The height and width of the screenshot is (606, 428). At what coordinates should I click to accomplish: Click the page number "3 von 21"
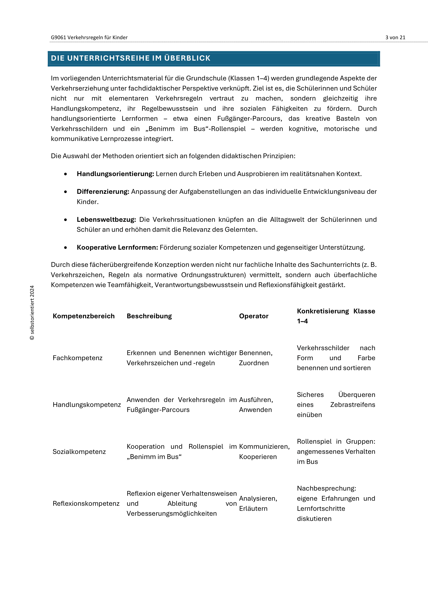(x=395, y=38)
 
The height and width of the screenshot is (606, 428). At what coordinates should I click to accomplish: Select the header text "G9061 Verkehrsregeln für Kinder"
(x=89, y=38)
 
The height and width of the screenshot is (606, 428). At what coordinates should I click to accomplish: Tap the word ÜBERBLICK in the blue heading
(x=187, y=58)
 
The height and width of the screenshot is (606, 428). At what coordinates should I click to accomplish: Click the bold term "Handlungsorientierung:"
(x=115, y=174)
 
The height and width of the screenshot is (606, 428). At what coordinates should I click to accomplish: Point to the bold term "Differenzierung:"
(x=103, y=192)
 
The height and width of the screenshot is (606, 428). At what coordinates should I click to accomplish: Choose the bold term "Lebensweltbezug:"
(x=106, y=220)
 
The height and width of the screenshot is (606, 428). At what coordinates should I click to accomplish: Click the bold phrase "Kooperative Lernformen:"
(x=117, y=248)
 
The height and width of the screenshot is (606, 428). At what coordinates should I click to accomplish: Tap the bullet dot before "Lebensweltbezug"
(x=65, y=220)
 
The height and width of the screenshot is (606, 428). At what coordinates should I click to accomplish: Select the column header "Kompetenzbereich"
(x=84, y=316)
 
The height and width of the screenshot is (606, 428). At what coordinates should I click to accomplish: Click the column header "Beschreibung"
(x=149, y=316)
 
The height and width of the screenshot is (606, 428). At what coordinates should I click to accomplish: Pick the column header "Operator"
(x=254, y=316)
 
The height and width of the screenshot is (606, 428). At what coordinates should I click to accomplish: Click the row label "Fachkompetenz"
(x=77, y=358)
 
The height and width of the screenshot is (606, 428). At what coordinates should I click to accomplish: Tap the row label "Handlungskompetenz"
(x=87, y=405)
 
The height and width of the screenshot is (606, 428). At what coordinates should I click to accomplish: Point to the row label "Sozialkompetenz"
(x=79, y=452)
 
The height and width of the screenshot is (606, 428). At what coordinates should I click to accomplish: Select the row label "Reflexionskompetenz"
(x=86, y=504)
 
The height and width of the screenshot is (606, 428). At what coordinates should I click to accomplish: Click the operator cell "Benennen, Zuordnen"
(x=256, y=358)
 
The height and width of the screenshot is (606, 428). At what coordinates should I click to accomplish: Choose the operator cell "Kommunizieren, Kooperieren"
(x=264, y=452)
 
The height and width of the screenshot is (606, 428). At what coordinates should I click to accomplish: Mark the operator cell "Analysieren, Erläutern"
(x=258, y=504)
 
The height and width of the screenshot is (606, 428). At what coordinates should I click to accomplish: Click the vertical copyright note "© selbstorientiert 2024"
(x=32, y=312)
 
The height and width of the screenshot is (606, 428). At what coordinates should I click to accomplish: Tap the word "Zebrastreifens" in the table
(x=352, y=405)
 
